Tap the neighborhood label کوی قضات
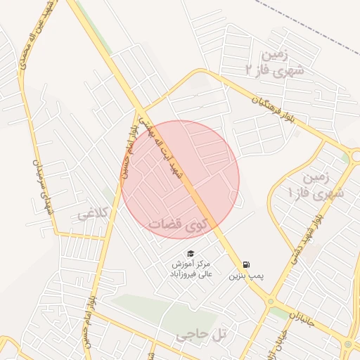coord(179,223)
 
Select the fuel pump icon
coord(245,264)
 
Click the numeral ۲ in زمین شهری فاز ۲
coord(250,70)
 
